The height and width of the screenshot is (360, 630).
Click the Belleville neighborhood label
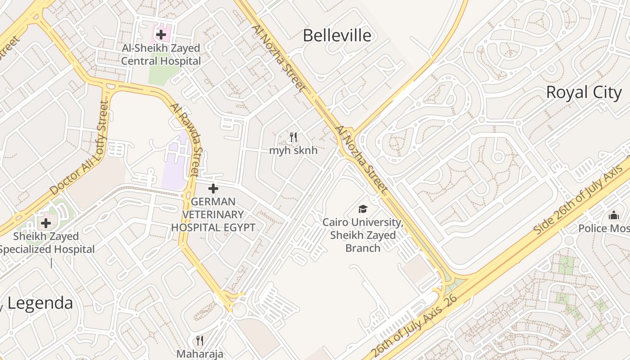(x=337, y=36)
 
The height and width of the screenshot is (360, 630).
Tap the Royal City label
(x=584, y=92)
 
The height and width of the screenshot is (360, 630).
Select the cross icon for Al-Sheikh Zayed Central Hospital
(x=161, y=34)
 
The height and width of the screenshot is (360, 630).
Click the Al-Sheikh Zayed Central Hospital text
(x=161, y=54)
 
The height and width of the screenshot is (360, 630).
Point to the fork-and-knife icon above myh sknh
(x=293, y=137)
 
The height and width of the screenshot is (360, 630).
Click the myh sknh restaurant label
(x=293, y=150)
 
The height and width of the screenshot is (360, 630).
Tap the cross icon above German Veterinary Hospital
(x=213, y=189)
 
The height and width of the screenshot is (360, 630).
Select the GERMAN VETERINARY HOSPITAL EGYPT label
(x=213, y=214)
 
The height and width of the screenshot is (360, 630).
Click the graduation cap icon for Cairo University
(x=363, y=209)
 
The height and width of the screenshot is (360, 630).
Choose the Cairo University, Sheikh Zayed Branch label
(x=363, y=235)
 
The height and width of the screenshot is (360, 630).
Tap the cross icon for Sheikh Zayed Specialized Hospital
(x=46, y=223)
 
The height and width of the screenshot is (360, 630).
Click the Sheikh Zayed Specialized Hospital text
(x=47, y=243)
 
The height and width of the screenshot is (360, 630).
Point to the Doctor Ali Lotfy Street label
(x=80, y=148)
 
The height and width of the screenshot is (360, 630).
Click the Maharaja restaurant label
(x=200, y=354)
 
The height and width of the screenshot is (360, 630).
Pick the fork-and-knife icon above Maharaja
(x=200, y=340)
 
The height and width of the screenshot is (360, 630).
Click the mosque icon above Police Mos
(x=614, y=216)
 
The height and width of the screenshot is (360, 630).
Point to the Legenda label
(x=40, y=303)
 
